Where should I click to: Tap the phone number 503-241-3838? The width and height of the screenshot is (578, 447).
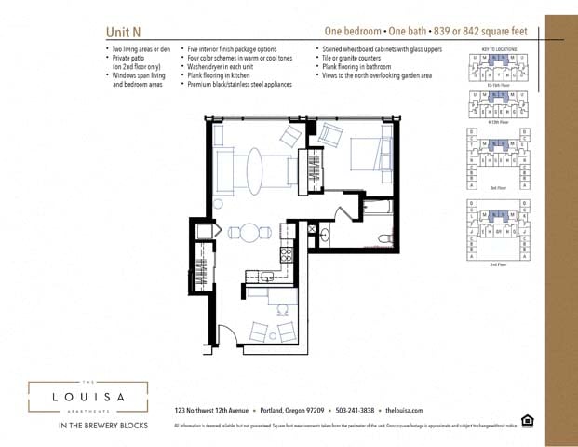355,410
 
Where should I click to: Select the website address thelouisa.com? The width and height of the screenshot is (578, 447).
403,410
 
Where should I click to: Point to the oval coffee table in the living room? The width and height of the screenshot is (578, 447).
255,171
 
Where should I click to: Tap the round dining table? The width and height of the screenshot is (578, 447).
249,232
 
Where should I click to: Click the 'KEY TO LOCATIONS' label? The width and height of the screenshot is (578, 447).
497,48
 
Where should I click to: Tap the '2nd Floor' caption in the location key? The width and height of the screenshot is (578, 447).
498,264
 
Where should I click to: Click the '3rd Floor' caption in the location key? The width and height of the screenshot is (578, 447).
498,187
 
